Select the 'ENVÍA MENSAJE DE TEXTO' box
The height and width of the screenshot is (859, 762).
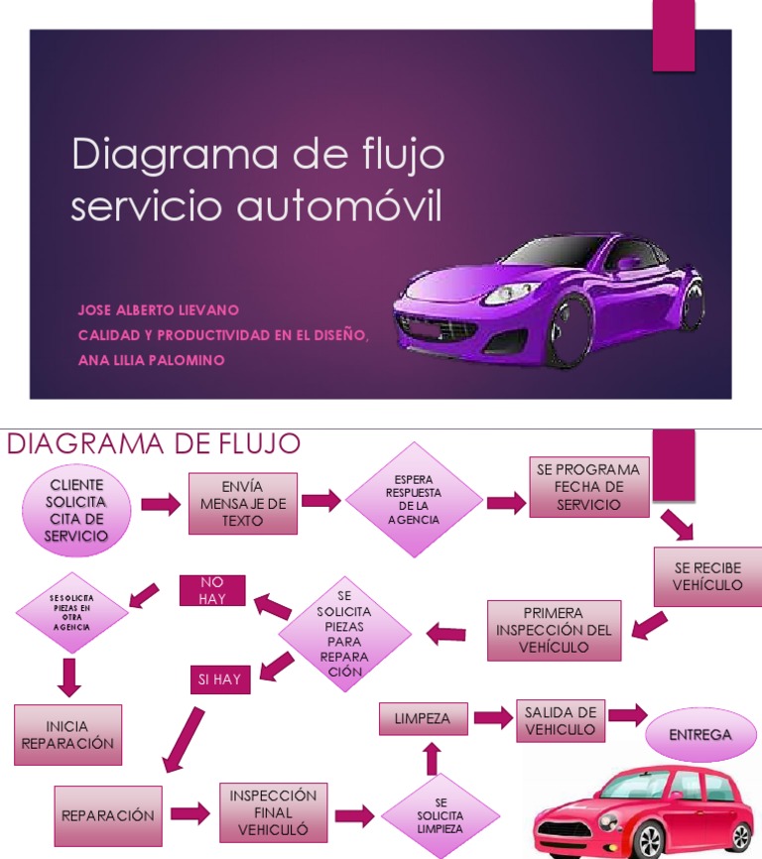coord(243,504)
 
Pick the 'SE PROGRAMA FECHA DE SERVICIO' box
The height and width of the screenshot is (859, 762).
coord(587,487)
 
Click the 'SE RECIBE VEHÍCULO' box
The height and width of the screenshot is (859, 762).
coord(707,576)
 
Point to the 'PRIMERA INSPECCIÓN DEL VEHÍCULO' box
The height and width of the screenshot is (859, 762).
coord(554,630)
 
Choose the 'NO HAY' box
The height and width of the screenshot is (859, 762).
coord(211,590)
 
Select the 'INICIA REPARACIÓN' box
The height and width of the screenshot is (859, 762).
coord(67,735)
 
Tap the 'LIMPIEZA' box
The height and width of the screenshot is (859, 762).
coord(423,718)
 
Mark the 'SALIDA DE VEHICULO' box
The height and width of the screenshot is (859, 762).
coord(561,721)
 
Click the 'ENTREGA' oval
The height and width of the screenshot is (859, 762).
coord(699,735)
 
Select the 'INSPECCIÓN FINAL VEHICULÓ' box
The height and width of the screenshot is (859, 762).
coord(273,812)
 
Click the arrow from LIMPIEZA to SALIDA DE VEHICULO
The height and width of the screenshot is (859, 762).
coord(491,716)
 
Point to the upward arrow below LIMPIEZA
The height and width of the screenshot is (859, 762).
coord(432,759)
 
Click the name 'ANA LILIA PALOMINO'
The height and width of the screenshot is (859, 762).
coord(151,360)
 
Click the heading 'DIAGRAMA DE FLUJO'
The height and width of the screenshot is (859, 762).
coord(154,443)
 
